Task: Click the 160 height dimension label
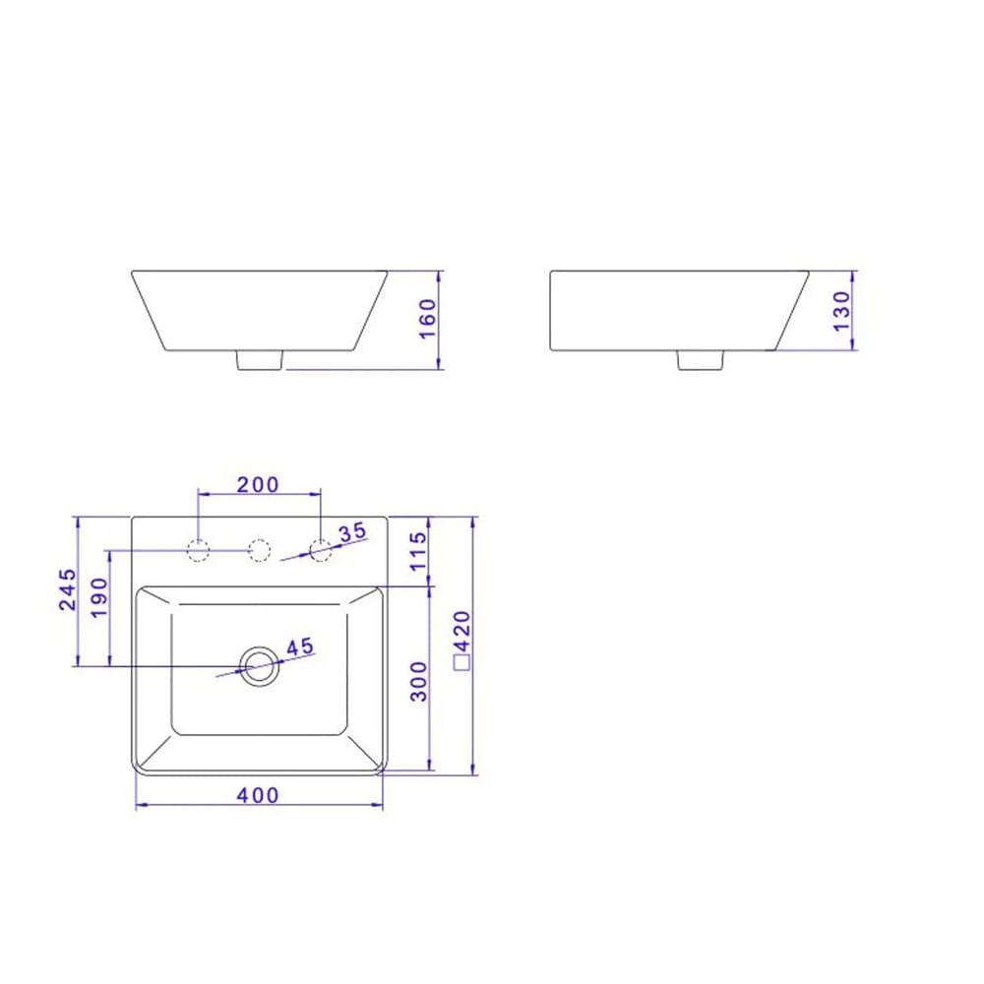(x=428, y=318)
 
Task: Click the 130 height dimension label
(x=842, y=311)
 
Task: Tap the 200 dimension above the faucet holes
(x=259, y=483)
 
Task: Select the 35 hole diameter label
(x=351, y=532)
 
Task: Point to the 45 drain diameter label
(x=299, y=646)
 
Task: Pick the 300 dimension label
(x=418, y=681)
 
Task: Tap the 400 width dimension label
(x=259, y=795)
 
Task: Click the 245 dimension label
(x=67, y=588)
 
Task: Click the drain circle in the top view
(x=260, y=666)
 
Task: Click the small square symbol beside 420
(x=461, y=663)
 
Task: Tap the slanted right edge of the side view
(x=793, y=310)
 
